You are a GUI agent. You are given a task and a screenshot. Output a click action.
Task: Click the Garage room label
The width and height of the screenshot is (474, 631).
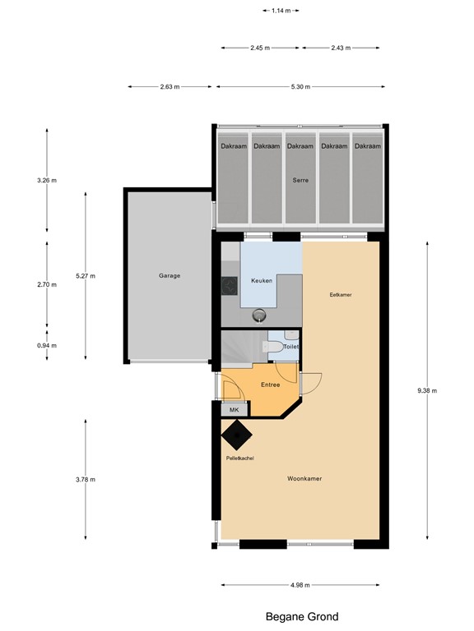(x=170, y=276)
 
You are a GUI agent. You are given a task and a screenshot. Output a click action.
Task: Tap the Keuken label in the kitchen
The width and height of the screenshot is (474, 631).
(x=262, y=280)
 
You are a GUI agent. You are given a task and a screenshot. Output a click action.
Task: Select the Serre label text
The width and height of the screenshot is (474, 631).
(x=300, y=180)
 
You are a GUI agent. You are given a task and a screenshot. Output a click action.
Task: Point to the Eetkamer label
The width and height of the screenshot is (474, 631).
(x=341, y=294)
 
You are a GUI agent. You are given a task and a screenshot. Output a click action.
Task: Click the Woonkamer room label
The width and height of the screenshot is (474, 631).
(x=304, y=477)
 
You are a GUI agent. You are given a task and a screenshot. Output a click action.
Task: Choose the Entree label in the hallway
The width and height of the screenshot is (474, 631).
(x=271, y=385)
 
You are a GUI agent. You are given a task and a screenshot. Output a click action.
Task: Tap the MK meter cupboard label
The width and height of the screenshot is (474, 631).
(x=234, y=409)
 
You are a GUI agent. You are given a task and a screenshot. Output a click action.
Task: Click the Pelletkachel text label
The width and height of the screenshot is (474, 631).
(x=239, y=458)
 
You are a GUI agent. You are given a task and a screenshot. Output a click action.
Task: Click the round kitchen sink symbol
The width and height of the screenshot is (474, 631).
(x=261, y=314)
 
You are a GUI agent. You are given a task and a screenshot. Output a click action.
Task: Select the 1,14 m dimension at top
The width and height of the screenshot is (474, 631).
(x=281, y=11)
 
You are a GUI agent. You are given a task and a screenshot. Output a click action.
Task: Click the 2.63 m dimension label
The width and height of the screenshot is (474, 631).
(x=170, y=86)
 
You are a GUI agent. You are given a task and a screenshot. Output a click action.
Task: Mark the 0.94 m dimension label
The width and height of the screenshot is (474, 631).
(x=48, y=346)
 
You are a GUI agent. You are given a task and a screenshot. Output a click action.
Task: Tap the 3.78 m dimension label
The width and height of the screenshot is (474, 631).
(x=86, y=480)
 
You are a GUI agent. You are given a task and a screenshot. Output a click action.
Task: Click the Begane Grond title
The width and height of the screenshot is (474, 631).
(x=301, y=616)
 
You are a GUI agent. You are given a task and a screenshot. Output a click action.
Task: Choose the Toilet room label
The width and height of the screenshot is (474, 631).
(x=290, y=348)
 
